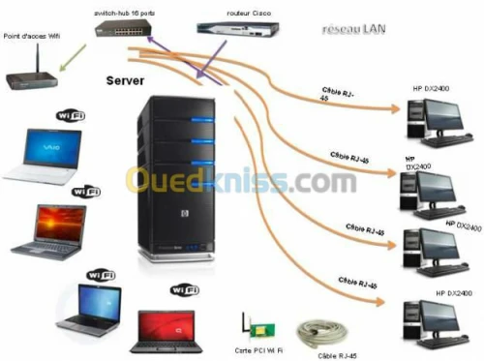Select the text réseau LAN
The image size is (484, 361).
click(350, 30)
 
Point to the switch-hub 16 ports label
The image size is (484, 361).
click(124, 11)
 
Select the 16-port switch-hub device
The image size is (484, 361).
click(124, 29)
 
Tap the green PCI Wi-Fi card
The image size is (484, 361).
click(251, 325)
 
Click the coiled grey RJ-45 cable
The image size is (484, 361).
click(320, 334)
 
